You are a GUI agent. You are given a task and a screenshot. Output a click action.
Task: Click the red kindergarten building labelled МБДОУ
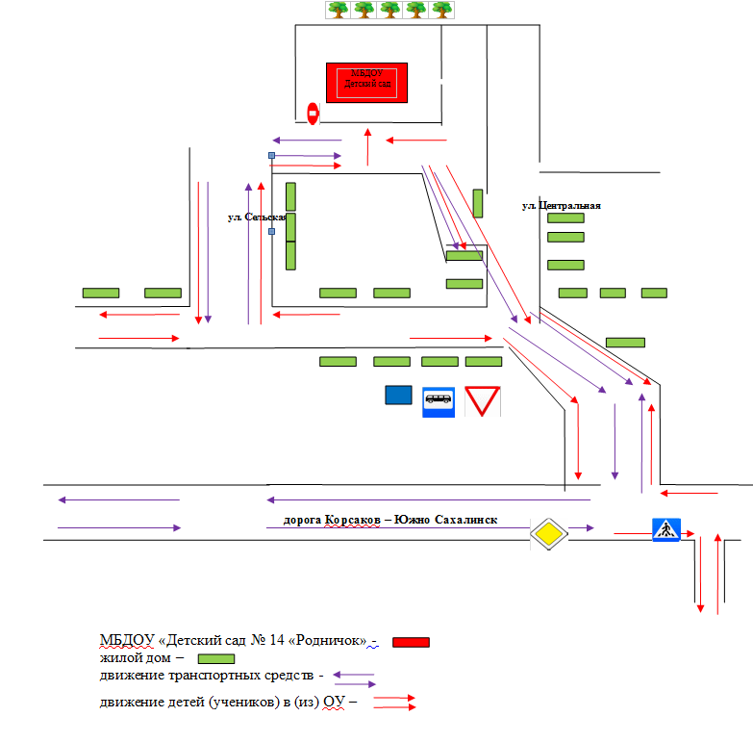point(368,82)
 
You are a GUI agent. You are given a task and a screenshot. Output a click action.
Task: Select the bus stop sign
point(439,400)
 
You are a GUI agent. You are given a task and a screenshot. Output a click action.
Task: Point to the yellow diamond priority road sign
point(548,533)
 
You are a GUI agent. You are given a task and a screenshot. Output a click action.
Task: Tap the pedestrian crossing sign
point(666,528)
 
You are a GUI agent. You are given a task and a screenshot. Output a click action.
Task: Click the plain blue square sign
point(398,395)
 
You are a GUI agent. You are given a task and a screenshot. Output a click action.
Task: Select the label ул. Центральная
point(562,205)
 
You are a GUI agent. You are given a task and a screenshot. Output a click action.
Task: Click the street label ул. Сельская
point(257,217)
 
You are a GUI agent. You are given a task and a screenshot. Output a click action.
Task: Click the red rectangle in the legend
point(411,643)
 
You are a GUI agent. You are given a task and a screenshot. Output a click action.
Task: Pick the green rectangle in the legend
point(216,659)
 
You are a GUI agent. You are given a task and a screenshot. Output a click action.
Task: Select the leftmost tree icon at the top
point(337,10)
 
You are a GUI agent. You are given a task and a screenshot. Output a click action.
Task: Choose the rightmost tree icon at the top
point(441,10)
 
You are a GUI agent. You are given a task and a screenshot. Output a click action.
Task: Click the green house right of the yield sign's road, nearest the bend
point(625,342)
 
